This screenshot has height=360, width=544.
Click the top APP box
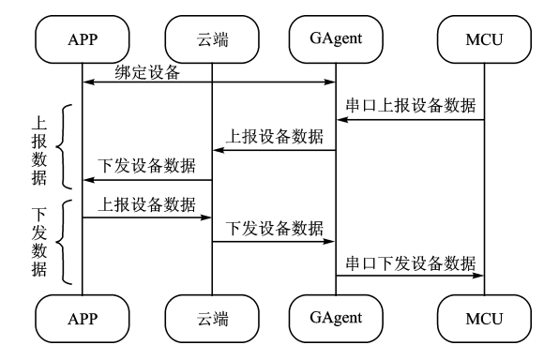tap(82, 40)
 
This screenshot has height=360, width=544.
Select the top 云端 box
tap(211, 40)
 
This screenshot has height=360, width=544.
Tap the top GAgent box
tap(337, 38)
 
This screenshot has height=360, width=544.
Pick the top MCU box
tap(484, 40)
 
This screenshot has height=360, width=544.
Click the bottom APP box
tap(82, 319)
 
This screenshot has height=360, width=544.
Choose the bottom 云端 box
tap(211, 319)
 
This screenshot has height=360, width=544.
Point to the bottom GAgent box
tap(337, 318)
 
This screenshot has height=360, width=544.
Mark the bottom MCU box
tap(484, 319)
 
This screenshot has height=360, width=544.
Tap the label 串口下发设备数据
tap(410, 262)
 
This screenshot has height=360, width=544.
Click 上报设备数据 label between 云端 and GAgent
tap(274, 136)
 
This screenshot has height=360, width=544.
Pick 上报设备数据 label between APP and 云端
tap(147, 203)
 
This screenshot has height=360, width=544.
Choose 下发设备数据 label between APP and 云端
tap(147, 167)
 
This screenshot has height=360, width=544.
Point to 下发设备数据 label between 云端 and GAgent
tap(274, 228)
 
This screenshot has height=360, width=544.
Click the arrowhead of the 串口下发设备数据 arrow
tap(478, 276)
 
